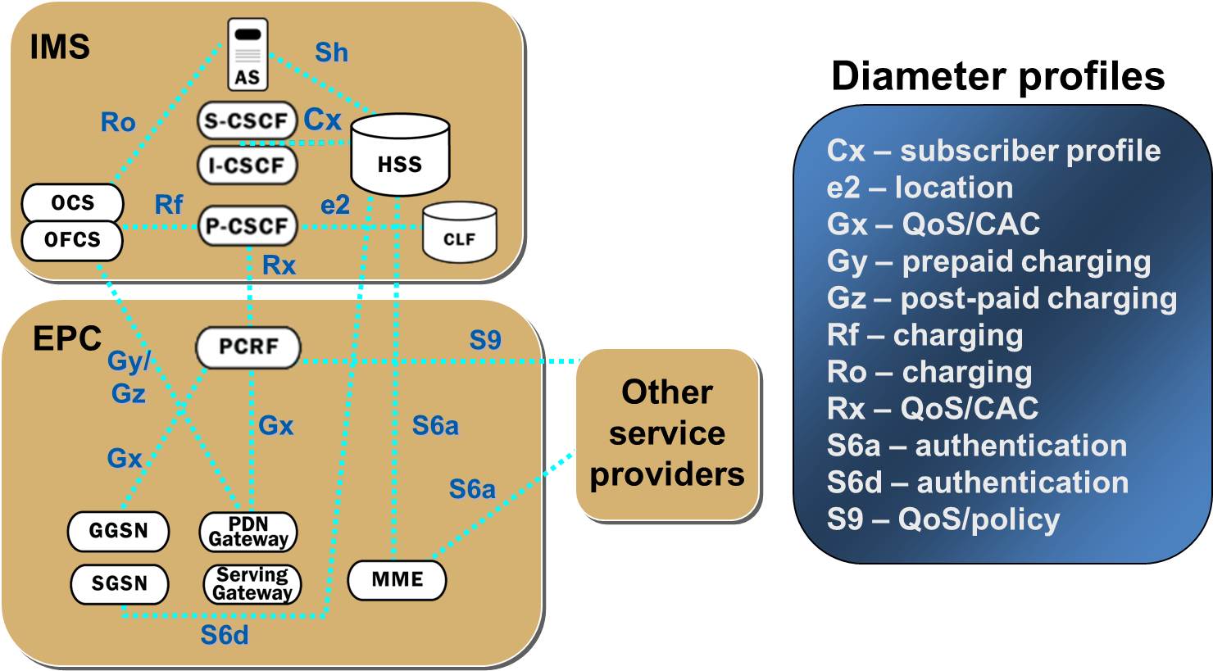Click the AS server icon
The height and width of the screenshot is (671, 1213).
(247, 57)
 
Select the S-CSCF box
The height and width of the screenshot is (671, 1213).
(247, 121)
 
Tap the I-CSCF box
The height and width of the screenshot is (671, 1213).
(247, 165)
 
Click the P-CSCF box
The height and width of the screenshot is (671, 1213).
(247, 226)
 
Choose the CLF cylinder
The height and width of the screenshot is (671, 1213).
(459, 233)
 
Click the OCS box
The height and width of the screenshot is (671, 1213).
(73, 202)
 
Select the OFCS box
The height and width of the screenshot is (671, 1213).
(73, 240)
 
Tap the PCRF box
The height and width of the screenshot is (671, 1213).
(248, 347)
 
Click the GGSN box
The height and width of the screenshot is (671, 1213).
(119, 531)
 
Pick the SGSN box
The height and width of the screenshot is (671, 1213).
(119, 584)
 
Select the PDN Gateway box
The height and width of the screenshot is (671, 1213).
(248, 531)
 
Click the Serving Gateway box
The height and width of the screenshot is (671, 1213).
(252, 584)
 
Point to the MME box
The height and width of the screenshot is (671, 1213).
(398, 580)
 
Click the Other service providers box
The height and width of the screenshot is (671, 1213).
(667, 434)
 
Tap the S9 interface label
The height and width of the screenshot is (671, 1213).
(484, 340)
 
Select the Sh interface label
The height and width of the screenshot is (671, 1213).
(331, 52)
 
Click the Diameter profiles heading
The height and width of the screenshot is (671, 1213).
(997, 76)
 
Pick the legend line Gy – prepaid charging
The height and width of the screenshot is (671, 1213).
(988, 261)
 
